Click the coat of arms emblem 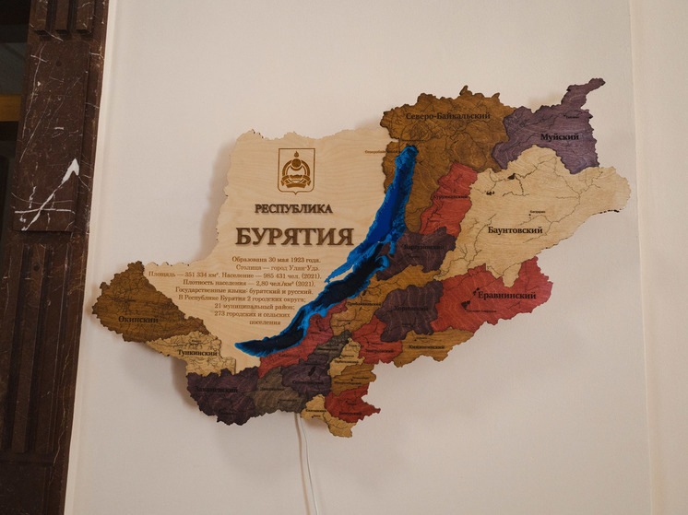pos(296,170)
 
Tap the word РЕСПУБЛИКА pos(294,208)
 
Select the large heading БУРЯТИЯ pos(294,235)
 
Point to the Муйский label pos(559,137)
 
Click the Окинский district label pos(137,320)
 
